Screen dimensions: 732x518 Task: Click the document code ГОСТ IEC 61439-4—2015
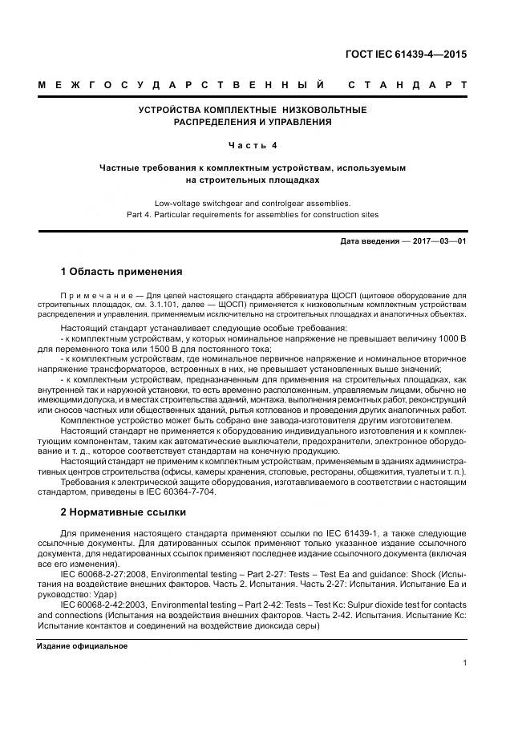click(406, 55)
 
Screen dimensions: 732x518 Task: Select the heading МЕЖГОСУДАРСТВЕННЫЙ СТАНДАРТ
click(252, 85)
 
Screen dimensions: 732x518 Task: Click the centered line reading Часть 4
click(253, 145)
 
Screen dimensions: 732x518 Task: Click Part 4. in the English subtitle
click(142, 215)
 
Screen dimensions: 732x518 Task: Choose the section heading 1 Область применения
click(121, 272)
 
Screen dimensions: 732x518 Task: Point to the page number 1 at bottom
click(465, 662)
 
